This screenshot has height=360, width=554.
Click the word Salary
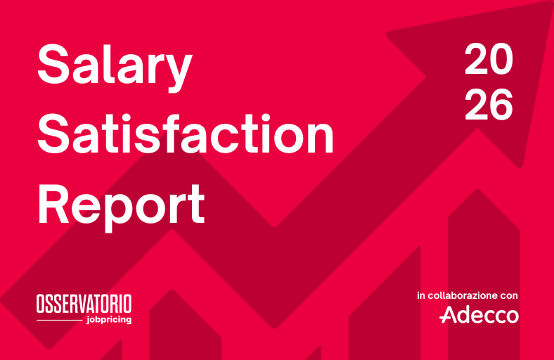click(115, 67)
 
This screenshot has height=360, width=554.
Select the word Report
click(121, 207)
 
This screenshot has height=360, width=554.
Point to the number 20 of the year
click(489, 59)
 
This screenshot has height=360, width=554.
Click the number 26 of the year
click(489, 104)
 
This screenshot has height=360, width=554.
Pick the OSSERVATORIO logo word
click(84, 304)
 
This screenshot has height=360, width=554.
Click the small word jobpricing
click(109, 320)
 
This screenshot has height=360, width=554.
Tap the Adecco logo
click(479, 314)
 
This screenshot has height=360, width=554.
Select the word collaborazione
click(462, 295)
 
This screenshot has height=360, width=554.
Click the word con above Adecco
click(509, 296)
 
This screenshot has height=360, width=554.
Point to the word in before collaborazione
click(420, 295)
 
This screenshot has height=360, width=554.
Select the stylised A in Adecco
click(449, 314)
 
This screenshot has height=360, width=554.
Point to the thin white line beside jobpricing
click(60, 320)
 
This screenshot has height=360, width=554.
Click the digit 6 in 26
click(501, 104)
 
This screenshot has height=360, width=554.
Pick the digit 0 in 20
click(501, 59)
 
